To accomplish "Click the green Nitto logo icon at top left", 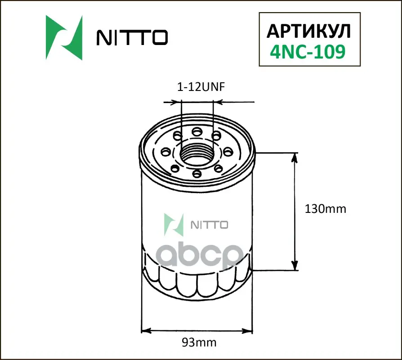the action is coord(64,38).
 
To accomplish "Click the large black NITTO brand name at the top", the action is coord(132,37).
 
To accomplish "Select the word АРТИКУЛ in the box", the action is coord(308,31).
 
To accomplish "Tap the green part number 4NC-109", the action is coord(308,52).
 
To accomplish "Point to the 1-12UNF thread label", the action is coord(201,87).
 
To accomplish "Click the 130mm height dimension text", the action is coord(326,209).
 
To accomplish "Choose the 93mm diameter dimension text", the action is coord(199,342).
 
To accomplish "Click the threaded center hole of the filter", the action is coord(197,153).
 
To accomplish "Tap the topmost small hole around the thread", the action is coord(197,132).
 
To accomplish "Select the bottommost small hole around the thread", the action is coord(197,174).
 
